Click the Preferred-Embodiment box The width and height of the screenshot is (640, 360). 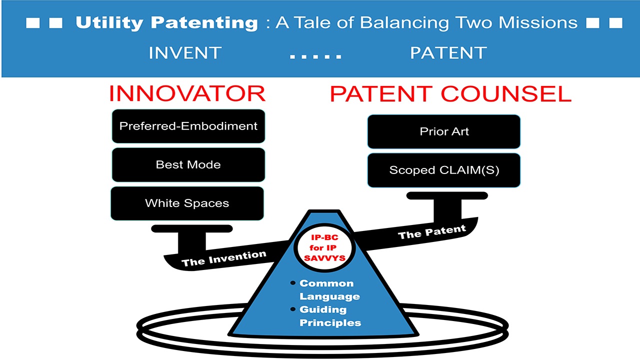pos(188,126)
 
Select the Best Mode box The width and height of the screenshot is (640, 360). pos(188,164)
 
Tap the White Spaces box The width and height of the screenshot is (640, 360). pos(187,203)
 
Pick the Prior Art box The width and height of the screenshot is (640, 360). pos(444,132)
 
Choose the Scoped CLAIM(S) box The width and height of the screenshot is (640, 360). pos(444,170)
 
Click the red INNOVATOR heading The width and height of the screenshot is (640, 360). pos(187,94)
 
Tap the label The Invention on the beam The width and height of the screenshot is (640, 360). pos(223,258)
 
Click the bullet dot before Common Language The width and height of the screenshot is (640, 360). pos(293,283)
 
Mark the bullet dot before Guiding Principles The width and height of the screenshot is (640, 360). pos(293,309)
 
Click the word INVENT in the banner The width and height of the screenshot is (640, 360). pos(185,53)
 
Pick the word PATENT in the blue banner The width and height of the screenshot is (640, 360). pos(448,53)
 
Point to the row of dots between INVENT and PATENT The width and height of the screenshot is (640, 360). pos(315,56)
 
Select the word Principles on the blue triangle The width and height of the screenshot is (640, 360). pos(330,322)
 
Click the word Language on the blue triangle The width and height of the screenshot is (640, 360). pos(329,296)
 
